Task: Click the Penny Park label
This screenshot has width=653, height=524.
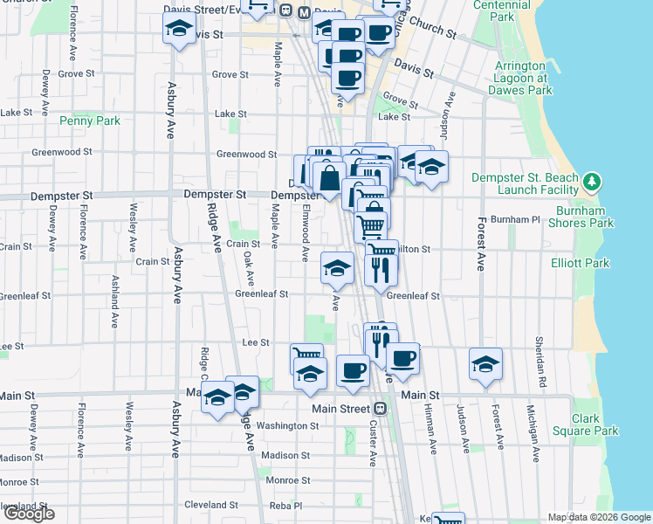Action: click(x=90, y=121)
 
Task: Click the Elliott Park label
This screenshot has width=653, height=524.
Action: click(x=580, y=263)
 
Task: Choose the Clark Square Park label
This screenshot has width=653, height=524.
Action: click(x=584, y=424)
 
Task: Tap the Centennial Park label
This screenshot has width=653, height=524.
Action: click(x=501, y=10)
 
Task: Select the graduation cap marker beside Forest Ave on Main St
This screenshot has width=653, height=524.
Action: click(x=485, y=364)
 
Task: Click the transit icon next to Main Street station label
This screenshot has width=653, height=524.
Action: click(x=380, y=409)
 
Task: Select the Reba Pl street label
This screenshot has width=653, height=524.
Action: click(x=285, y=505)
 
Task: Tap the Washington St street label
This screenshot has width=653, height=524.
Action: click(x=287, y=426)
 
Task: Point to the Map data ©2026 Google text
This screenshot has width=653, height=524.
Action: click(x=598, y=517)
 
